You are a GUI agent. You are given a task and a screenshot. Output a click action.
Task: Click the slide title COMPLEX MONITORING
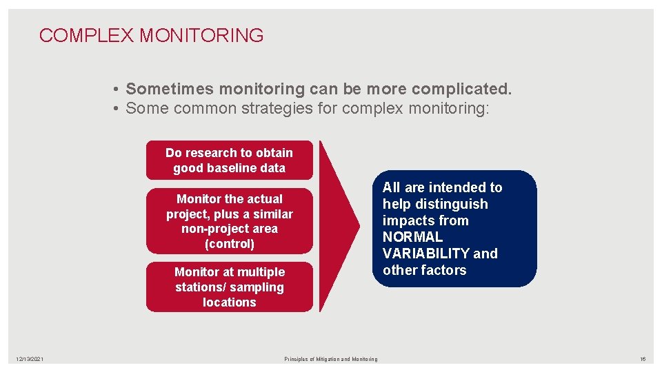pos(151,36)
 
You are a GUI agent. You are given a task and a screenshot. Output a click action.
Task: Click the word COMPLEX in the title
pos(87,36)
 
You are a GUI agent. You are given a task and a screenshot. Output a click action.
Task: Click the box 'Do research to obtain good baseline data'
pos(229,160)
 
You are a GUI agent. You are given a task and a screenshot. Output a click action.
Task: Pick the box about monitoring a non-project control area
pos(229,221)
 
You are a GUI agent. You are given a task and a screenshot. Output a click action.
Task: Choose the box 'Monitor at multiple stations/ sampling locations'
pos(229,287)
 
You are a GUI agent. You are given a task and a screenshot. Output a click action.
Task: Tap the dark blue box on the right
pos(458,229)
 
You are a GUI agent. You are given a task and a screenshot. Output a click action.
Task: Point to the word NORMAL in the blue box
pos(412,237)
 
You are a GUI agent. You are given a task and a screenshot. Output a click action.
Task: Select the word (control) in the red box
pos(230,244)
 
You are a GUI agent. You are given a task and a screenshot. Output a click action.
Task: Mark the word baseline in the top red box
pos(242,168)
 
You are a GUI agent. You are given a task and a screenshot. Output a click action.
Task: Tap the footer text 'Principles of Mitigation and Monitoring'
pos(331,359)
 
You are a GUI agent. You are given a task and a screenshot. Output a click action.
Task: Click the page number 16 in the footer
pos(642,359)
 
